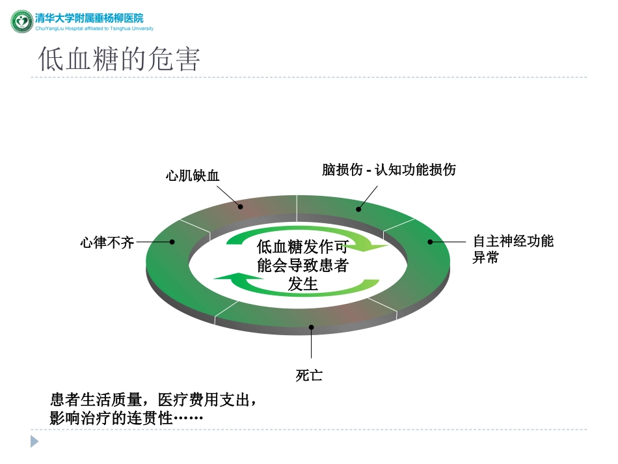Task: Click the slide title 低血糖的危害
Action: pyautogui.click(x=119, y=59)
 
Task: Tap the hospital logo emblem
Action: pyautogui.click(x=21, y=21)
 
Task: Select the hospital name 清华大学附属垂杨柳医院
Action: pyautogui.click(x=89, y=18)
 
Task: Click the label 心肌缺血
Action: pyautogui.click(x=193, y=175)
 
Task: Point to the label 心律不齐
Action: pyautogui.click(x=107, y=243)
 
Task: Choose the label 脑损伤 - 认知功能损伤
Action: pyautogui.click(x=389, y=170)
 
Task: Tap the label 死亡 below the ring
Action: pyautogui.click(x=309, y=375)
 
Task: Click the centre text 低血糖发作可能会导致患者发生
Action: pyautogui.click(x=302, y=265)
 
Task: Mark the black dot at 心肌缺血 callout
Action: pyautogui.click(x=241, y=207)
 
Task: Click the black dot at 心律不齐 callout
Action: pyautogui.click(x=172, y=242)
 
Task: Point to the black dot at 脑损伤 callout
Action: pyautogui.click(x=358, y=209)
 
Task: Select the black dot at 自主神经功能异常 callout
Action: pyautogui.click(x=430, y=241)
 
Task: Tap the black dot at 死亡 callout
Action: pyautogui.click(x=311, y=327)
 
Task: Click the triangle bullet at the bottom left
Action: pyautogui.click(x=34, y=441)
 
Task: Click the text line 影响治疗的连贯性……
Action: pyautogui.click(x=127, y=418)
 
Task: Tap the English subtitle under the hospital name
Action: pyautogui.click(x=94, y=29)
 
